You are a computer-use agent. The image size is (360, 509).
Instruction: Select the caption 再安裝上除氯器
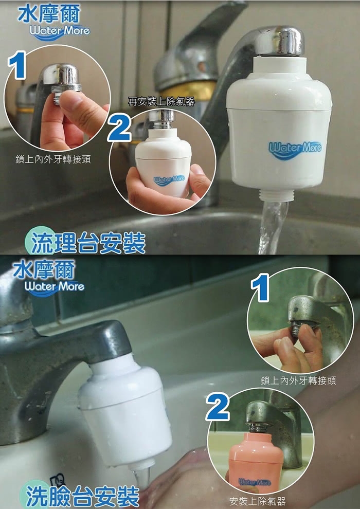(x=161, y=102)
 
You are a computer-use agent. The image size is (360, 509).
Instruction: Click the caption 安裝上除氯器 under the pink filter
(x=258, y=501)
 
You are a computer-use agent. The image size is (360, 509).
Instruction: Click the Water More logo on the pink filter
(x=255, y=482)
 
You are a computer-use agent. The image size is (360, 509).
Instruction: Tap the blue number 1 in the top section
(x=17, y=66)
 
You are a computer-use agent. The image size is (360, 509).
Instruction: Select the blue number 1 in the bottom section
(x=260, y=287)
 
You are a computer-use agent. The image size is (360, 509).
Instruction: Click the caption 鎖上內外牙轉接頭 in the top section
(x=53, y=159)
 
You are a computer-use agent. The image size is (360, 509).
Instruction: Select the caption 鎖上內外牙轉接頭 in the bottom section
(x=298, y=380)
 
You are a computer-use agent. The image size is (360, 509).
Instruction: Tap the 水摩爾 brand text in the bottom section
(x=44, y=270)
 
